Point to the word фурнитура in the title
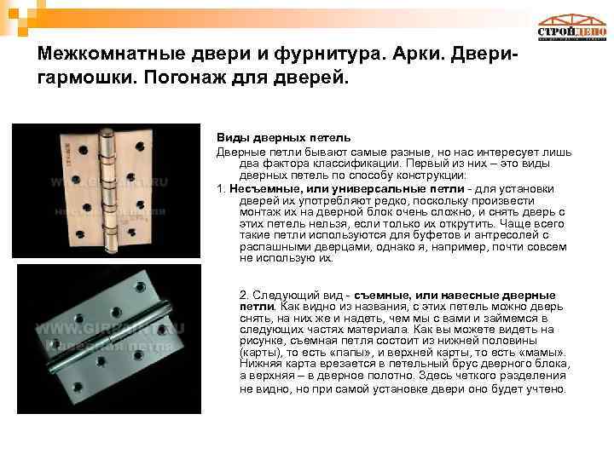tap(324, 54)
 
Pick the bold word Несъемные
tap(257, 187)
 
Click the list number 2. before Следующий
tap(245, 294)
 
